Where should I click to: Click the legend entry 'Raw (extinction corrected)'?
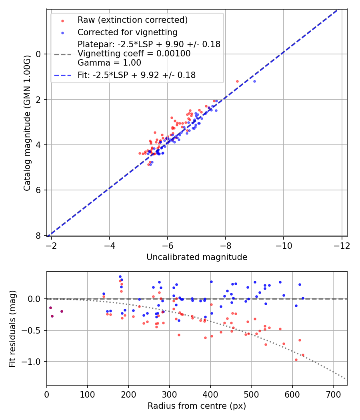(x=132, y=20)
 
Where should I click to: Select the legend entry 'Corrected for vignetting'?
(x=127, y=32)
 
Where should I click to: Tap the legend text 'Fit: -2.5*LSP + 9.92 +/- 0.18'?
(x=136, y=75)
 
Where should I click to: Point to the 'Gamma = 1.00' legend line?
(x=109, y=63)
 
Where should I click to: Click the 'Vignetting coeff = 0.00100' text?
(x=134, y=54)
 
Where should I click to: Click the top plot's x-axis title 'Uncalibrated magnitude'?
(x=196, y=257)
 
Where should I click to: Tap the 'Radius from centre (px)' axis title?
(x=196, y=406)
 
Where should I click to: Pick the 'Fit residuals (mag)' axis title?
(x=12, y=328)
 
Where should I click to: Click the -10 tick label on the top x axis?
(x=283, y=245)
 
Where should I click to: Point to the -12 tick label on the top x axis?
(x=341, y=245)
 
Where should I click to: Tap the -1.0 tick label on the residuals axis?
(x=34, y=362)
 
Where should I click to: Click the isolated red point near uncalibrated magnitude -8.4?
(x=237, y=81)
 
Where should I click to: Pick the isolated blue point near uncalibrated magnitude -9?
(x=254, y=81)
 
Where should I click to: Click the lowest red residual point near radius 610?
(x=296, y=360)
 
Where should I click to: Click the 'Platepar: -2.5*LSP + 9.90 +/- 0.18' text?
(x=149, y=44)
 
